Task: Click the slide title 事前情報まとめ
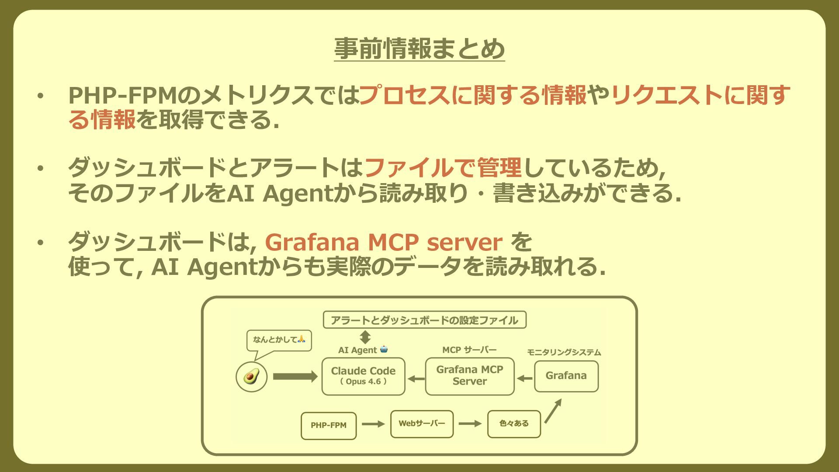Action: pyautogui.click(x=419, y=49)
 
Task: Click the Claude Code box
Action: pyautogui.click(x=363, y=376)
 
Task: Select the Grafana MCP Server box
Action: pyautogui.click(x=469, y=376)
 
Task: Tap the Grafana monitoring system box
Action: pyautogui.click(x=566, y=376)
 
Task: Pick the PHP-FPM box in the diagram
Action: pyautogui.click(x=329, y=425)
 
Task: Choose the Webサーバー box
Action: pyautogui.click(x=422, y=423)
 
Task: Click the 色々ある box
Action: pyautogui.click(x=514, y=423)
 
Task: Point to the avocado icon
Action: pyautogui.click(x=251, y=376)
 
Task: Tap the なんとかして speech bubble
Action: pyautogui.click(x=279, y=340)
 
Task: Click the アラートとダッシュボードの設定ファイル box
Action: pyautogui.click(x=424, y=320)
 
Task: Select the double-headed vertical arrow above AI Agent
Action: pyautogui.click(x=365, y=337)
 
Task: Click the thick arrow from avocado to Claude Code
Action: pyautogui.click(x=295, y=376)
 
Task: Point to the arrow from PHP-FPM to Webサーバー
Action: pyautogui.click(x=373, y=423)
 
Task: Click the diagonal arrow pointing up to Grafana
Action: pyautogui.click(x=553, y=411)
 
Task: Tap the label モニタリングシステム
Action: pyautogui.click(x=564, y=352)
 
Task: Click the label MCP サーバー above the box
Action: pyautogui.click(x=469, y=350)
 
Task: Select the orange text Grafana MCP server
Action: pyautogui.click(x=383, y=242)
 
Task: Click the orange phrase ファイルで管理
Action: pyautogui.click(x=442, y=168)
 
